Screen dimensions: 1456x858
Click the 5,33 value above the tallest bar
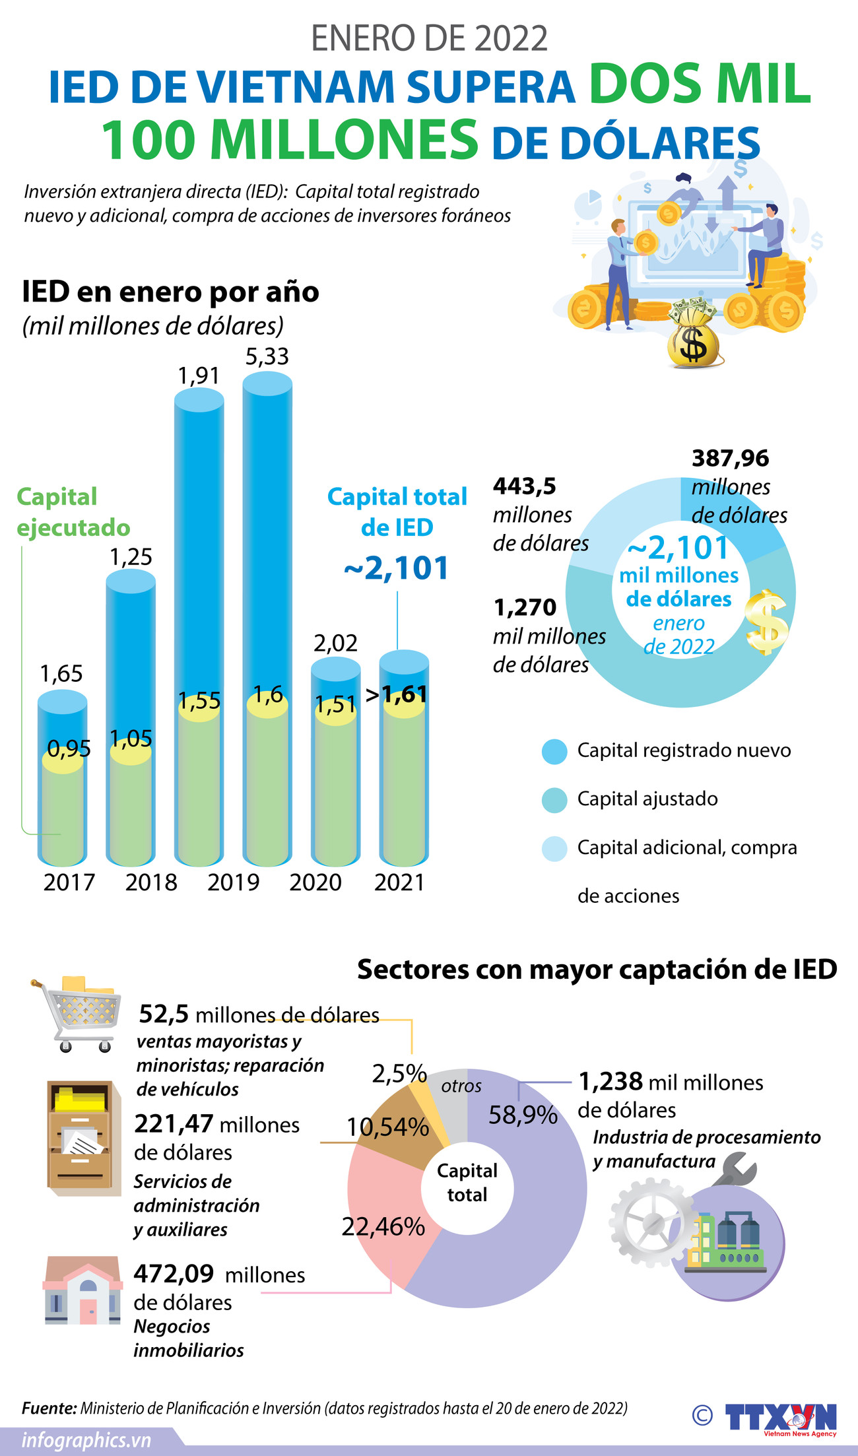pyautogui.click(x=267, y=356)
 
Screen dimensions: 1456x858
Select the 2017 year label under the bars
pyautogui.click(x=69, y=882)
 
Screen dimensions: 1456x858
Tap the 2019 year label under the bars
pyautogui.click(x=233, y=882)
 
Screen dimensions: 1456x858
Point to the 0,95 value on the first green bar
pyautogui.click(x=69, y=748)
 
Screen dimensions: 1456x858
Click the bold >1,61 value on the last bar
pyautogui.click(x=396, y=694)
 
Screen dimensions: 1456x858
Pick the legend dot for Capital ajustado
pyautogui.click(x=554, y=799)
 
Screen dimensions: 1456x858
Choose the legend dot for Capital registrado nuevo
pyautogui.click(x=554, y=751)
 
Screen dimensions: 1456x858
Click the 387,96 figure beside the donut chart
pyautogui.click(x=730, y=458)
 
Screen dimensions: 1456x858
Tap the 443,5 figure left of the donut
pyautogui.click(x=525, y=486)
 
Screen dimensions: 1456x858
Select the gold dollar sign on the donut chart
pyautogui.click(x=767, y=622)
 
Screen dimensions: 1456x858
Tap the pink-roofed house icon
pyautogui.click(x=82, y=1291)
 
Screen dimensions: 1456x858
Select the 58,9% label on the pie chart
pyautogui.click(x=523, y=1115)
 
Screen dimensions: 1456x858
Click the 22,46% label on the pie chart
pyautogui.click(x=383, y=1226)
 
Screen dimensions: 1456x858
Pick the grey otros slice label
pyautogui.click(x=461, y=1086)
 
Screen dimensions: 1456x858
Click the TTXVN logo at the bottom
pyautogui.click(x=780, y=1416)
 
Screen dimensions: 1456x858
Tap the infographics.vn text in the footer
pyautogui.click(x=86, y=1441)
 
